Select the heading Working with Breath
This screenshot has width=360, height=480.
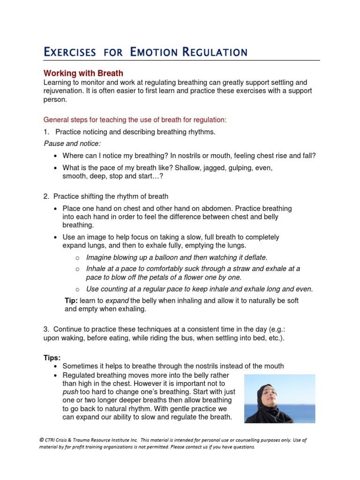coord(83,73)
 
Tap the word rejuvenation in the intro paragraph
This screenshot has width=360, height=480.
coord(64,91)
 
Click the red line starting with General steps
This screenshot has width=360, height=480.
coord(135,120)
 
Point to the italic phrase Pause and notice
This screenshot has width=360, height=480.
coord(72,143)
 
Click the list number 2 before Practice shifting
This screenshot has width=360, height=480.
coord(46,196)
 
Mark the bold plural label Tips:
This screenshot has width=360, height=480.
coord(52,358)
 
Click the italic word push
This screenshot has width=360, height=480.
coord(70,391)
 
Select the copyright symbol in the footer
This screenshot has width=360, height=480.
coord(41,440)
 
